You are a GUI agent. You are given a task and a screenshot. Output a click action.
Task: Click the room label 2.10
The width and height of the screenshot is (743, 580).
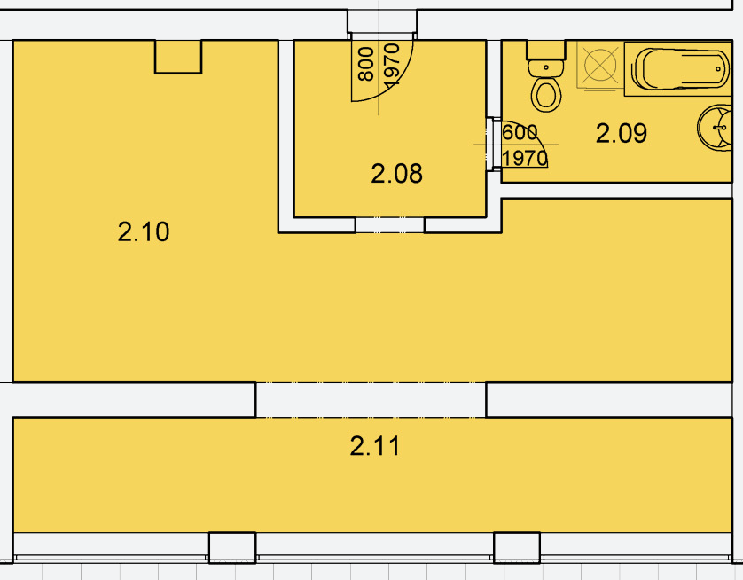(143, 231)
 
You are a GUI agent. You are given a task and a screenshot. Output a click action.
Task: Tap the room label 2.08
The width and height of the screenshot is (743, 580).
(396, 174)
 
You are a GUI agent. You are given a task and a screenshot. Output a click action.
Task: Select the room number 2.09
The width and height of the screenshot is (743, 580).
(622, 133)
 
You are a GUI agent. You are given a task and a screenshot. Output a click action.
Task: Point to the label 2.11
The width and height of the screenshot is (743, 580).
(375, 446)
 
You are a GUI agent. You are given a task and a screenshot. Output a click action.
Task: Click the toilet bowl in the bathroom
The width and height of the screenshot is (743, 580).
(546, 94)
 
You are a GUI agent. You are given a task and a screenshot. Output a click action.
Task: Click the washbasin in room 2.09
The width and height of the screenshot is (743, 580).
(716, 128)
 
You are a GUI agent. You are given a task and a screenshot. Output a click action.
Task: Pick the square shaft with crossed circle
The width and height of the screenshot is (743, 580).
(600, 65)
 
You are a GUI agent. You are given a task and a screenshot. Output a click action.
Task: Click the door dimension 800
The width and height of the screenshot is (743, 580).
(366, 64)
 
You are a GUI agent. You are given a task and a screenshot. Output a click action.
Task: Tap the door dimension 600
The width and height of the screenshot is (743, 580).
(520, 133)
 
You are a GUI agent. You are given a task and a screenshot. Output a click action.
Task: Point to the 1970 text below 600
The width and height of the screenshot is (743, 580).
(525, 158)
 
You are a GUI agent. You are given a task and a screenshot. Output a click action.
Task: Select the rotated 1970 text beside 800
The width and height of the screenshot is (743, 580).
(393, 66)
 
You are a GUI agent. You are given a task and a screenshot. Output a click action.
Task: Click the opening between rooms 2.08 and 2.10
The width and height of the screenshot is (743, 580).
(389, 225)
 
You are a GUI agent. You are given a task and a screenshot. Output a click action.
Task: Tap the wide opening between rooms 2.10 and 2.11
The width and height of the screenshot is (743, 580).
(371, 400)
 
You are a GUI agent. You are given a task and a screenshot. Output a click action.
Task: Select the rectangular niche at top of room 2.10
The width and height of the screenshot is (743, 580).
(178, 57)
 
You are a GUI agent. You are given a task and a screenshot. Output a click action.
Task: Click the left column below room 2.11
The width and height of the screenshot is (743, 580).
(232, 548)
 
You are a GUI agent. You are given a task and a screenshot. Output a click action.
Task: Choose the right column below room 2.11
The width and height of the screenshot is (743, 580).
(517, 548)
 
